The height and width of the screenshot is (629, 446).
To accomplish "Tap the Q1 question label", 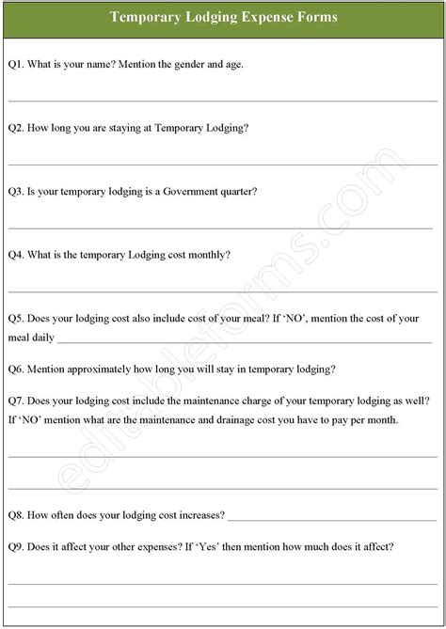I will point(16,64).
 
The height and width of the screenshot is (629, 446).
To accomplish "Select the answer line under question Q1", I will point(223,100).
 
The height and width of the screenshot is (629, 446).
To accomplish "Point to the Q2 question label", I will point(16,128).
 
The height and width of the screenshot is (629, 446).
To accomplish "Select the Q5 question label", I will point(16,319).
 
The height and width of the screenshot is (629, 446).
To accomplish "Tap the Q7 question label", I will point(16,400).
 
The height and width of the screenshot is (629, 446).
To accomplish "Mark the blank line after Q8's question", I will point(331,519).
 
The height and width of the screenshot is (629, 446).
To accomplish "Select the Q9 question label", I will point(16,546).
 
